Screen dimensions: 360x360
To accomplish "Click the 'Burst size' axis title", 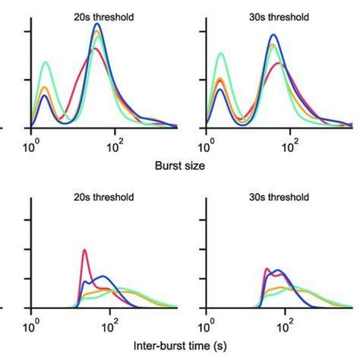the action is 180,165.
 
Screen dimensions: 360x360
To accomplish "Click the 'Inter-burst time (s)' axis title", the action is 180,346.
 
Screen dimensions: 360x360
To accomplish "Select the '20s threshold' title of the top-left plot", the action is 103,17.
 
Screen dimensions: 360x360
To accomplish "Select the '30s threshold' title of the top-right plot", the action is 279,17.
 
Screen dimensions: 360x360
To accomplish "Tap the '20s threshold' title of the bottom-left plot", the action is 103,197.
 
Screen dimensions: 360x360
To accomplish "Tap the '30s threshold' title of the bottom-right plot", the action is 279,197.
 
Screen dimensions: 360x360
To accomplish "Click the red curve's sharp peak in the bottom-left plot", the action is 84,250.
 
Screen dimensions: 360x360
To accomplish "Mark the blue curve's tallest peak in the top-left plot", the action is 97,23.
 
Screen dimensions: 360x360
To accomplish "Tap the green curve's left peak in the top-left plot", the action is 46,62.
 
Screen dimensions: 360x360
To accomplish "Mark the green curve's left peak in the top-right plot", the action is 221,53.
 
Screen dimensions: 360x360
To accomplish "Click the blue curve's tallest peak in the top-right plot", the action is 273,34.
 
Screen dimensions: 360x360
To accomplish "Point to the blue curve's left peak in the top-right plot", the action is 220,89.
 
